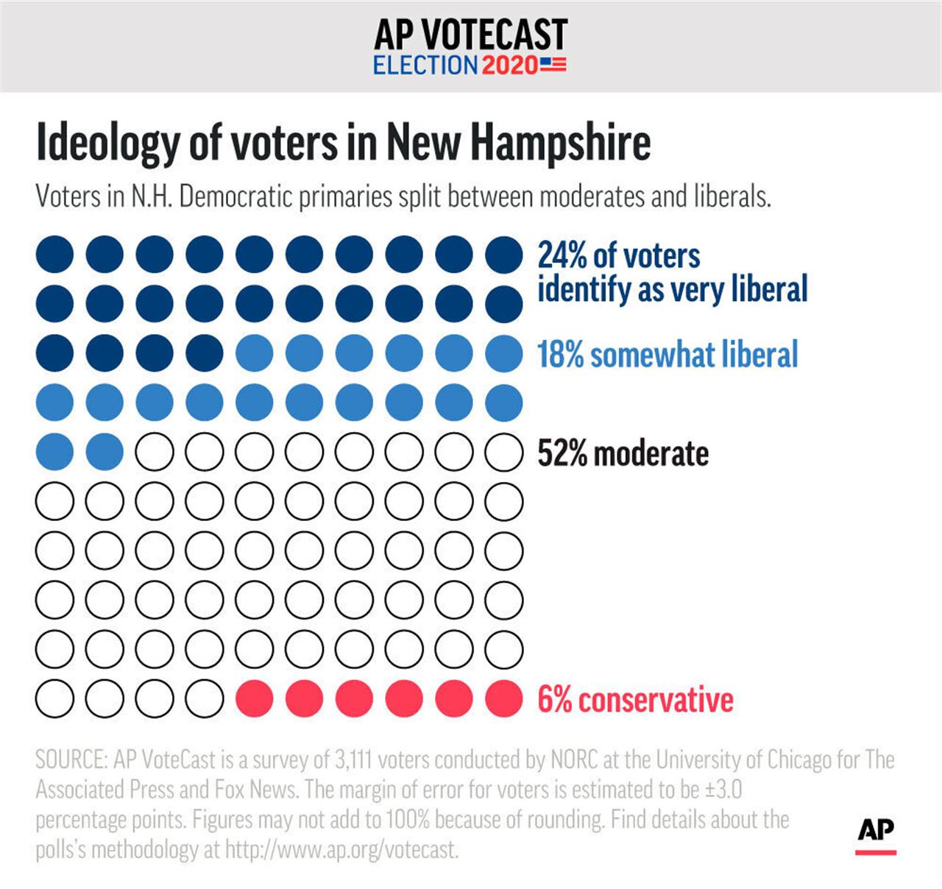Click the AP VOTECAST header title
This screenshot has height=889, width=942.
coord(470,34)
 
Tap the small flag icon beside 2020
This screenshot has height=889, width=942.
coord(553,65)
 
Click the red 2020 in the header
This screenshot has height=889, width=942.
coord(510,65)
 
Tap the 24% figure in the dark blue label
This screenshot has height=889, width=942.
coord(562,256)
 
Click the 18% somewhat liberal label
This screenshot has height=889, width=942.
coord(667,354)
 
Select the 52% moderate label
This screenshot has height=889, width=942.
coord(623,453)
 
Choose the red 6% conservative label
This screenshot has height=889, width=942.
coord(635,699)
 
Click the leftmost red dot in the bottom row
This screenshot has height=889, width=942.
coord(255,699)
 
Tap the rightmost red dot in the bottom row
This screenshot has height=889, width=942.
coord(504,699)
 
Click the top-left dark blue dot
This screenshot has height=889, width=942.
coord(54,255)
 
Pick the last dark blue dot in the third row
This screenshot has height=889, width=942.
coord(205,353)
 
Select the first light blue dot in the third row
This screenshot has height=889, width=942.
coord(255,353)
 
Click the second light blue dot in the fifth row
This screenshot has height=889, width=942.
coord(105,452)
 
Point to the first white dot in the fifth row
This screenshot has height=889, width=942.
coord(155,452)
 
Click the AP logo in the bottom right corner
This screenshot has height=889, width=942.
coord(876,832)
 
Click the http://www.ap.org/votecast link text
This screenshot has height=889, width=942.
coord(341,850)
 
